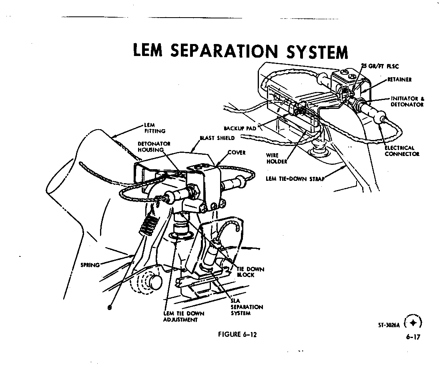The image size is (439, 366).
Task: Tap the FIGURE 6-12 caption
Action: [237, 335]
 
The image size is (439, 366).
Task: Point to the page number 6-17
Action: [413, 337]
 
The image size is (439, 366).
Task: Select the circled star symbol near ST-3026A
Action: [413, 322]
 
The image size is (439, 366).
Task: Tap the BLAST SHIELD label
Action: [217, 138]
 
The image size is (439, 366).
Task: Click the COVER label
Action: [237, 152]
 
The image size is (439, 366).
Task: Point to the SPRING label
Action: [90, 265]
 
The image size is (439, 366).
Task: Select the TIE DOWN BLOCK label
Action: [251, 272]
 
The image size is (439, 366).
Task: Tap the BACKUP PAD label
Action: [240, 128]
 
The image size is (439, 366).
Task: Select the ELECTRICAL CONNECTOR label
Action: [402, 151]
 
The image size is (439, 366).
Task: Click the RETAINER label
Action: [399, 80]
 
